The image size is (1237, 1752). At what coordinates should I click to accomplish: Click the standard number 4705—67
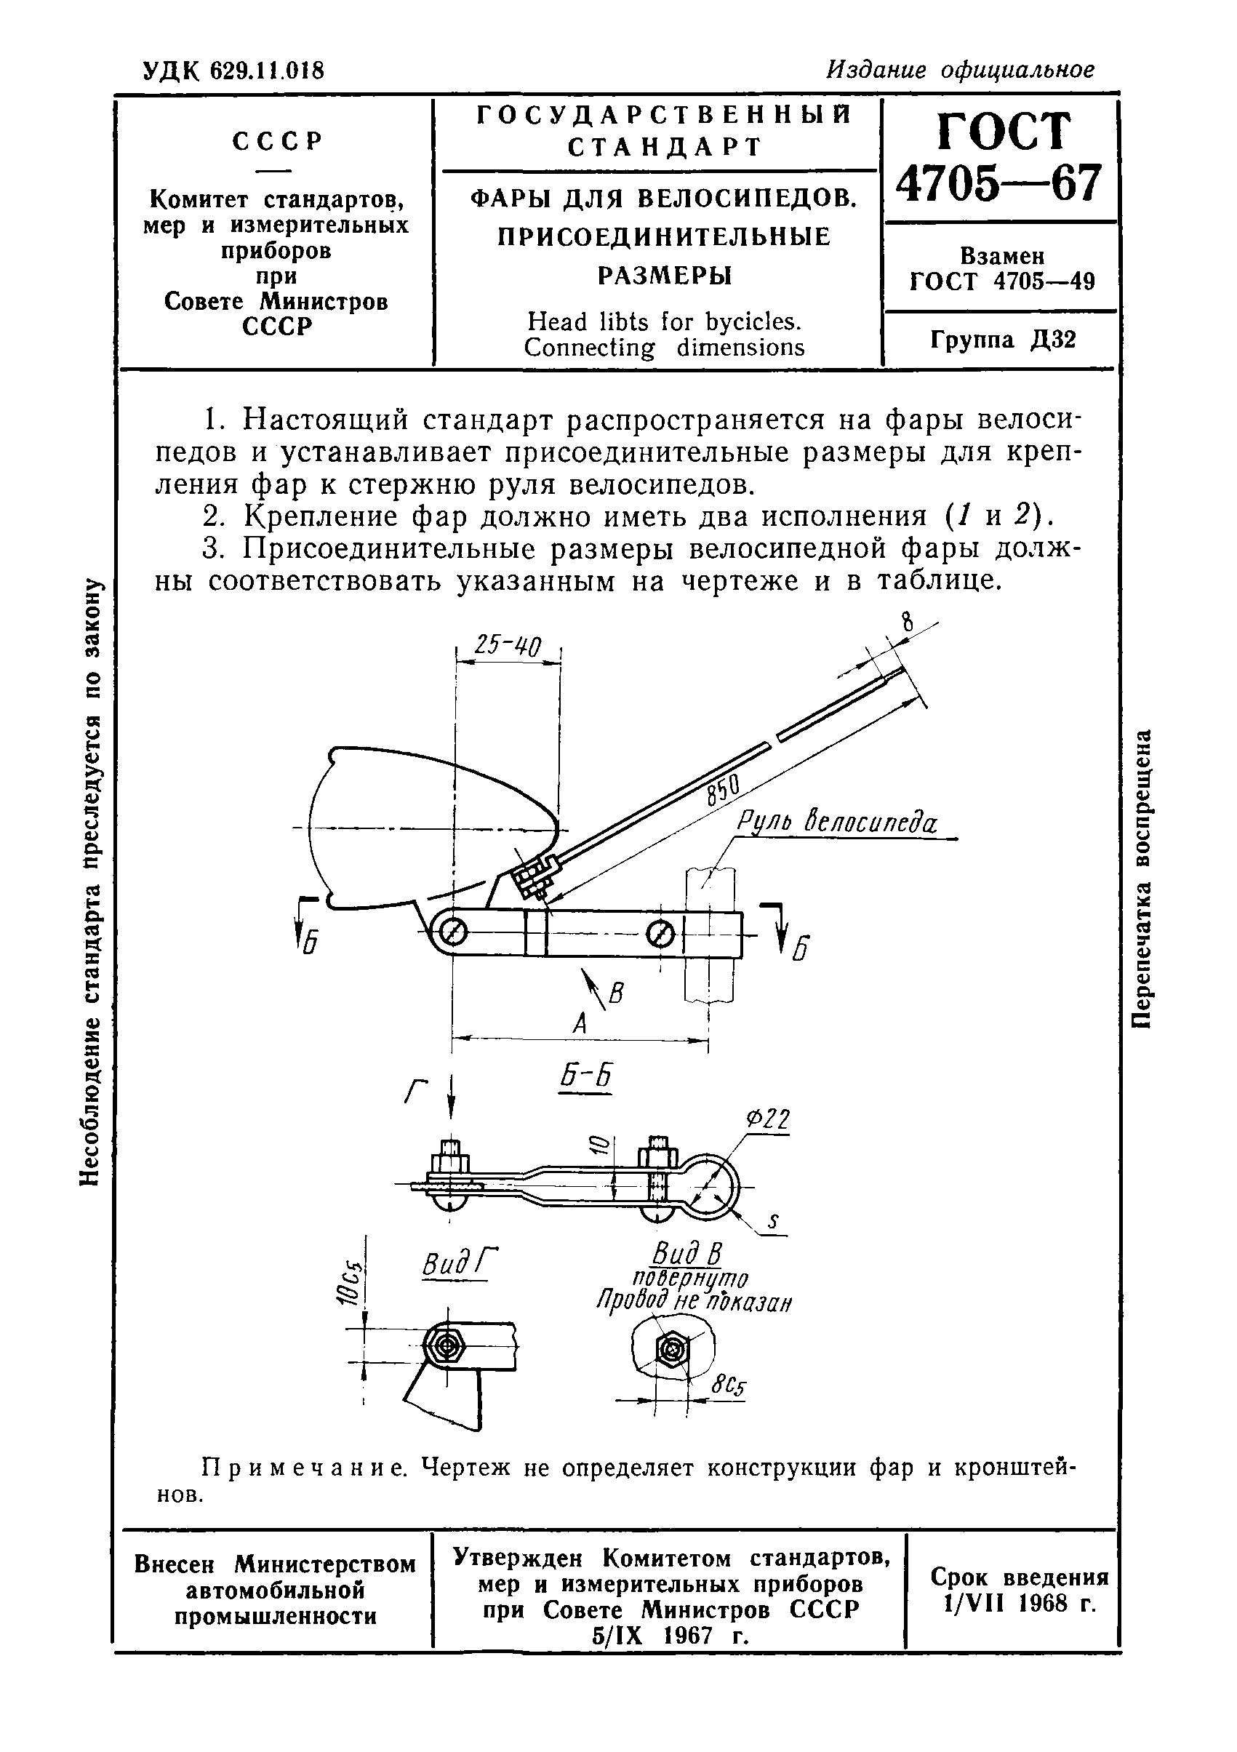[x=999, y=183]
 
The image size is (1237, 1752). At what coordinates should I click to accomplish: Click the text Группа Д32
[x=1003, y=339]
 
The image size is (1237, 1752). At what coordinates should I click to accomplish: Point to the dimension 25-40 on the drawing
[x=507, y=647]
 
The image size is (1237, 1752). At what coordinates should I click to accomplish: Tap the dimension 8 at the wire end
[x=907, y=622]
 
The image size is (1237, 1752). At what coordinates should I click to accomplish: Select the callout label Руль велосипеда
[x=836, y=823]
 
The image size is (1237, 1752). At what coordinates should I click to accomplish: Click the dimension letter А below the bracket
[x=580, y=1023]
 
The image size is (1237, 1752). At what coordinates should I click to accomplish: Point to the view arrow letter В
[x=617, y=993]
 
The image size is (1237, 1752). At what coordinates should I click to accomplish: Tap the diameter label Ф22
[x=767, y=1119]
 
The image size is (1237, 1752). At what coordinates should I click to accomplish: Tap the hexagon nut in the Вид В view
[x=672, y=1350]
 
